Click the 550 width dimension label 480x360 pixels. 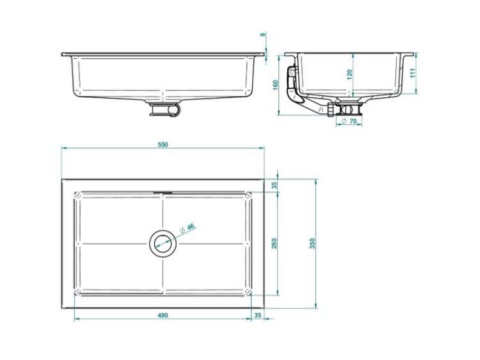pyautogui.click(x=163, y=145)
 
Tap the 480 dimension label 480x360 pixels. pyautogui.click(x=163, y=315)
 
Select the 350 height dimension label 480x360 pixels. pyautogui.click(x=312, y=244)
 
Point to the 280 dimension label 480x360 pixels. pyautogui.click(x=275, y=244)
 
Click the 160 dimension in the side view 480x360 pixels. pyautogui.click(x=275, y=84)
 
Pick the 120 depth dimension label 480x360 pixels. pyautogui.click(x=350, y=75)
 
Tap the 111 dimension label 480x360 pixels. pyautogui.click(x=413, y=73)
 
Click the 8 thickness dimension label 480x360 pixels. pyautogui.click(x=262, y=35)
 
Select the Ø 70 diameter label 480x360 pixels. pyautogui.click(x=349, y=121)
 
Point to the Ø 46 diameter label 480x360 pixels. pyautogui.click(x=187, y=228)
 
